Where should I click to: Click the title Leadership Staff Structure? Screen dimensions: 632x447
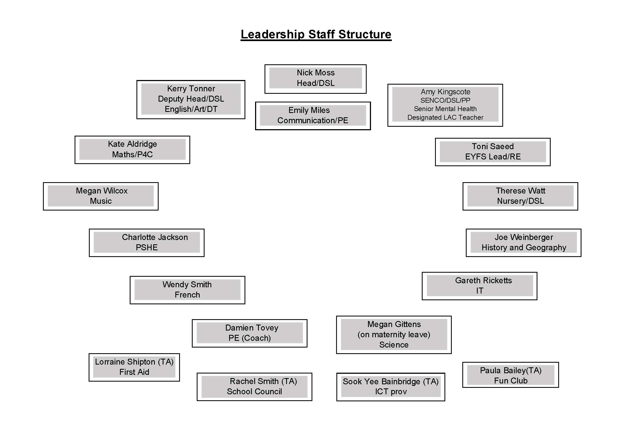[x=316, y=35]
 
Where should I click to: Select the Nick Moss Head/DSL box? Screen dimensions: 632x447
[x=315, y=79]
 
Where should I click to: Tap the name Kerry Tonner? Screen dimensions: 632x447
[x=191, y=89]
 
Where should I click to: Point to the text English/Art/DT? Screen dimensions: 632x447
[x=191, y=109]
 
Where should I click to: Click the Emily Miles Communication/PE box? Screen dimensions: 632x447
[x=313, y=116]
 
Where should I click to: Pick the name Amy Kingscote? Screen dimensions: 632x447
[x=445, y=92]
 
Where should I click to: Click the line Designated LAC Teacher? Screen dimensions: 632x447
[x=445, y=118]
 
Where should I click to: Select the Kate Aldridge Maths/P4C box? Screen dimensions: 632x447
[x=132, y=150]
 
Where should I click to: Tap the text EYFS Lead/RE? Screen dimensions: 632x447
[x=493, y=157]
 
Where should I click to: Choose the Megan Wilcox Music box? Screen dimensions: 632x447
[x=101, y=196]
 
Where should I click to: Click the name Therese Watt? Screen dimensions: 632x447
[x=520, y=191]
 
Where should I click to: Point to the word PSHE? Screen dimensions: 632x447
[x=147, y=248]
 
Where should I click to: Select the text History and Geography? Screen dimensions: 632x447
[x=524, y=248]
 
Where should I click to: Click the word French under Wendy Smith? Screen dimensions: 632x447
[x=188, y=295]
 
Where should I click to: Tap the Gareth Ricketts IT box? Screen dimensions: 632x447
[x=480, y=286]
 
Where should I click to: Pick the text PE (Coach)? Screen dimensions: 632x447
[x=250, y=338]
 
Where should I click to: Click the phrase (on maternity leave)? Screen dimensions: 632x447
[x=394, y=335]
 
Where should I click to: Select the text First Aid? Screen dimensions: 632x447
[x=134, y=372]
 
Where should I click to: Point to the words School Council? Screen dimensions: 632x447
[x=254, y=392]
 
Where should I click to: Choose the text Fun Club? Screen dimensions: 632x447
[x=511, y=381]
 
